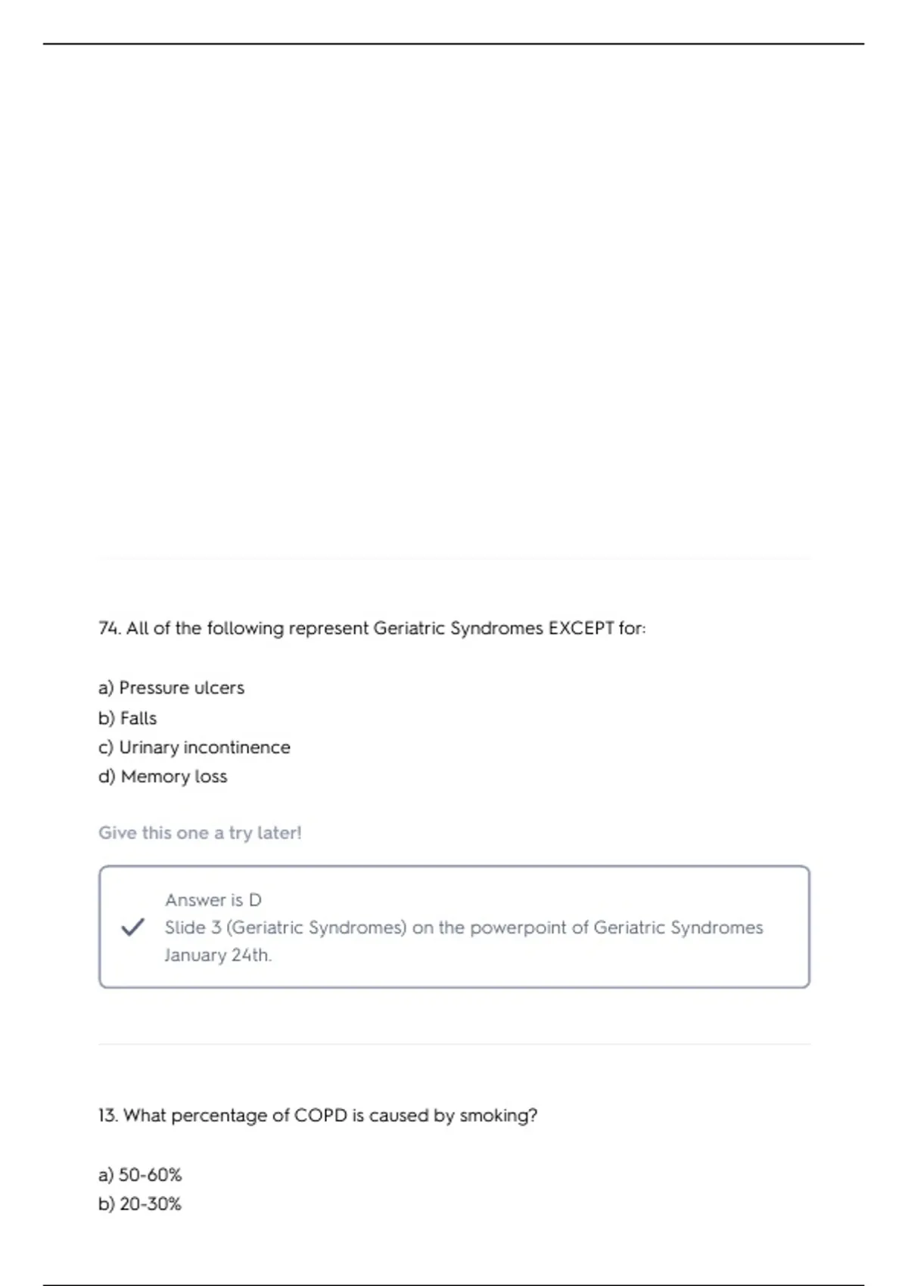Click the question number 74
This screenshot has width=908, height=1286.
tap(110, 629)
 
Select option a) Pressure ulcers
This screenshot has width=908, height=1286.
tap(171, 688)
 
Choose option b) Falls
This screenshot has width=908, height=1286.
tap(127, 718)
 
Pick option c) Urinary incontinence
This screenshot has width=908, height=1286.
tap(194, 747)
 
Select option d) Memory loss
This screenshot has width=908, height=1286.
tap(163, 777)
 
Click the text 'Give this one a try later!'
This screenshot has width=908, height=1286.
tap(200, 833)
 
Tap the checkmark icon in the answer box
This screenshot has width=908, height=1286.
tap(132, 927)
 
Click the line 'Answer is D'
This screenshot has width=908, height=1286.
tap(213, 900)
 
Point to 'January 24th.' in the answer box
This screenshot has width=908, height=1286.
tap(218, 955)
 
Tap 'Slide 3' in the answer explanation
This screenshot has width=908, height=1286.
tap(192, 927)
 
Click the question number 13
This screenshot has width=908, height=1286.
tap(108, 1116)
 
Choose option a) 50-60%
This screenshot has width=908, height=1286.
tap(140, 1175)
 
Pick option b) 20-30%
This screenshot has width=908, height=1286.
tap(140, 1204)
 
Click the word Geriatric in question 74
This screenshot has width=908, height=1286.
tap(409, 629)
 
